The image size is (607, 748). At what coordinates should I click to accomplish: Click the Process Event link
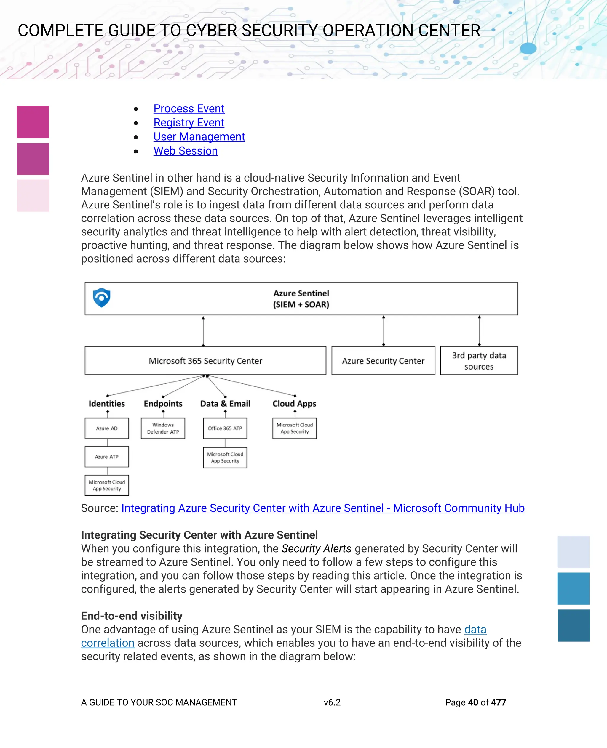(189, 109)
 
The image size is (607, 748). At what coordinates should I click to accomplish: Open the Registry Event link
(189, 123)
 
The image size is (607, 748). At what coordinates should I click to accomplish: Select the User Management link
(199, 137)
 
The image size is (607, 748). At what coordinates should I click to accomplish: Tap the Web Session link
(186, 151)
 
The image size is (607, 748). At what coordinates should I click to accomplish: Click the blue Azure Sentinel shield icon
(102, 298)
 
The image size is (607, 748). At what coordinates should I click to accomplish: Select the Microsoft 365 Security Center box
(205, 361)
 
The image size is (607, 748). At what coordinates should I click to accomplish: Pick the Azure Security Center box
(383, 361)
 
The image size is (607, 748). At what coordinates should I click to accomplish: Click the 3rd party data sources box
(479, 361)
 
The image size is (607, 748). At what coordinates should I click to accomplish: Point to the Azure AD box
(107, 428)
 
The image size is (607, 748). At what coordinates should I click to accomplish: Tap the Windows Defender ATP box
(163, 428)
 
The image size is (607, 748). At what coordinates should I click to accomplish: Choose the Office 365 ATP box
(225, 428)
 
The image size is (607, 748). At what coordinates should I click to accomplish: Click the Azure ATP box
(107, 457)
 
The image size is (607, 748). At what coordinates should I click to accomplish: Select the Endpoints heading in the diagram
(163, 404)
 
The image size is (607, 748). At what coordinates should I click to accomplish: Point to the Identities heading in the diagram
(107, 404)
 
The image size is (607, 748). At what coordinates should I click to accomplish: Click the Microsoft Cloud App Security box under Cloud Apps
(295, 428)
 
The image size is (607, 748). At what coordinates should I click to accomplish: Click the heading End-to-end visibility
(132, 616)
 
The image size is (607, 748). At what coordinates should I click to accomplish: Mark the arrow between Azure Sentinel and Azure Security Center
(384, 330)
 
